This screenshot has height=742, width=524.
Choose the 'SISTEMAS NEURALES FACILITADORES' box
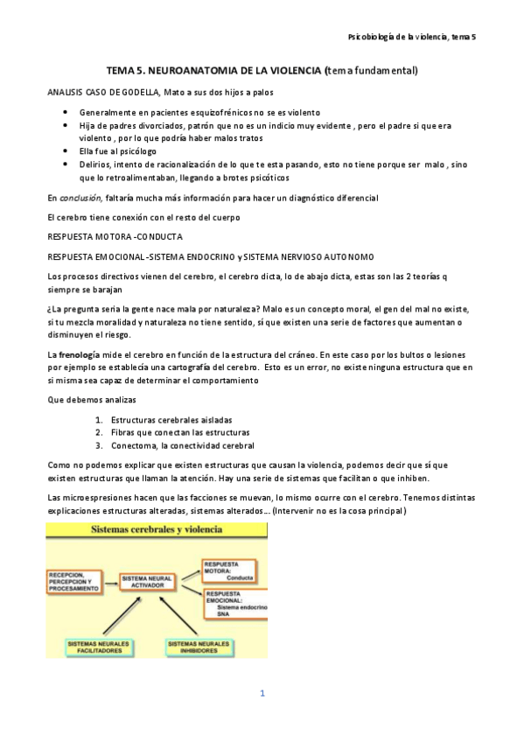pos(99,648)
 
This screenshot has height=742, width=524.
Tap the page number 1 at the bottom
pos(262,694)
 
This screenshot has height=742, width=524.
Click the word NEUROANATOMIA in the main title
pos(188,69)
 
